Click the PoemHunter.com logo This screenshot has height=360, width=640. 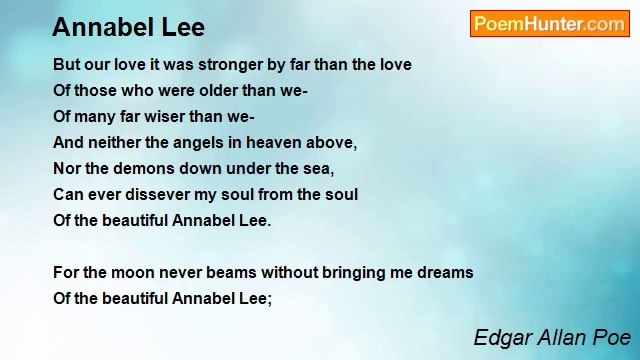coord(549,24)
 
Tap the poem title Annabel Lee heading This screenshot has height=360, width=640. coord(128,27)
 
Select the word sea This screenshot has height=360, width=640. coord(320,169)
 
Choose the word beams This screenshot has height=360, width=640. coord(220,273)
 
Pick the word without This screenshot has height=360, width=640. coord(279,273)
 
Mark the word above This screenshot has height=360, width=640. coord(331,143)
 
